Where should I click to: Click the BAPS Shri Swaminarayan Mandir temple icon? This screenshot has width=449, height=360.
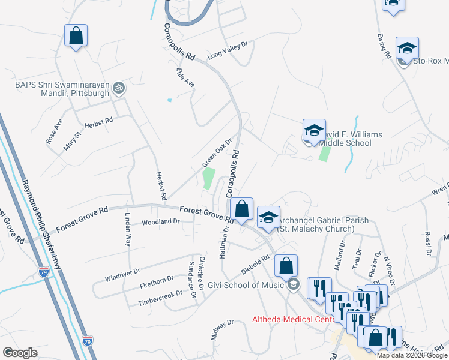tap(119, 87)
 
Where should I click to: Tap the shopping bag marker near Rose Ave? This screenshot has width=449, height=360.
tap(76, 35)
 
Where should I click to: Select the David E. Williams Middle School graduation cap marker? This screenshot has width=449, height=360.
tap(313, 131)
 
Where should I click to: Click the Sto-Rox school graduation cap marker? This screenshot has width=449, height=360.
tap(407, 49)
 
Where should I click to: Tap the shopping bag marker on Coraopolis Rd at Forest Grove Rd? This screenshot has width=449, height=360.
tap(241, 209)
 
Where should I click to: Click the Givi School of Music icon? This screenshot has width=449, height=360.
tap(292, 284)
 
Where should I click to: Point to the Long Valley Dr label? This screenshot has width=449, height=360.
tap(228, 51)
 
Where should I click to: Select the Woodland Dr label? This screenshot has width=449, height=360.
tap(161, 221)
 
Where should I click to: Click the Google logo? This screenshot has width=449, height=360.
tap(20, 353)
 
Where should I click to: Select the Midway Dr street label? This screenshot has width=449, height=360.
tap(221, 331)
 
